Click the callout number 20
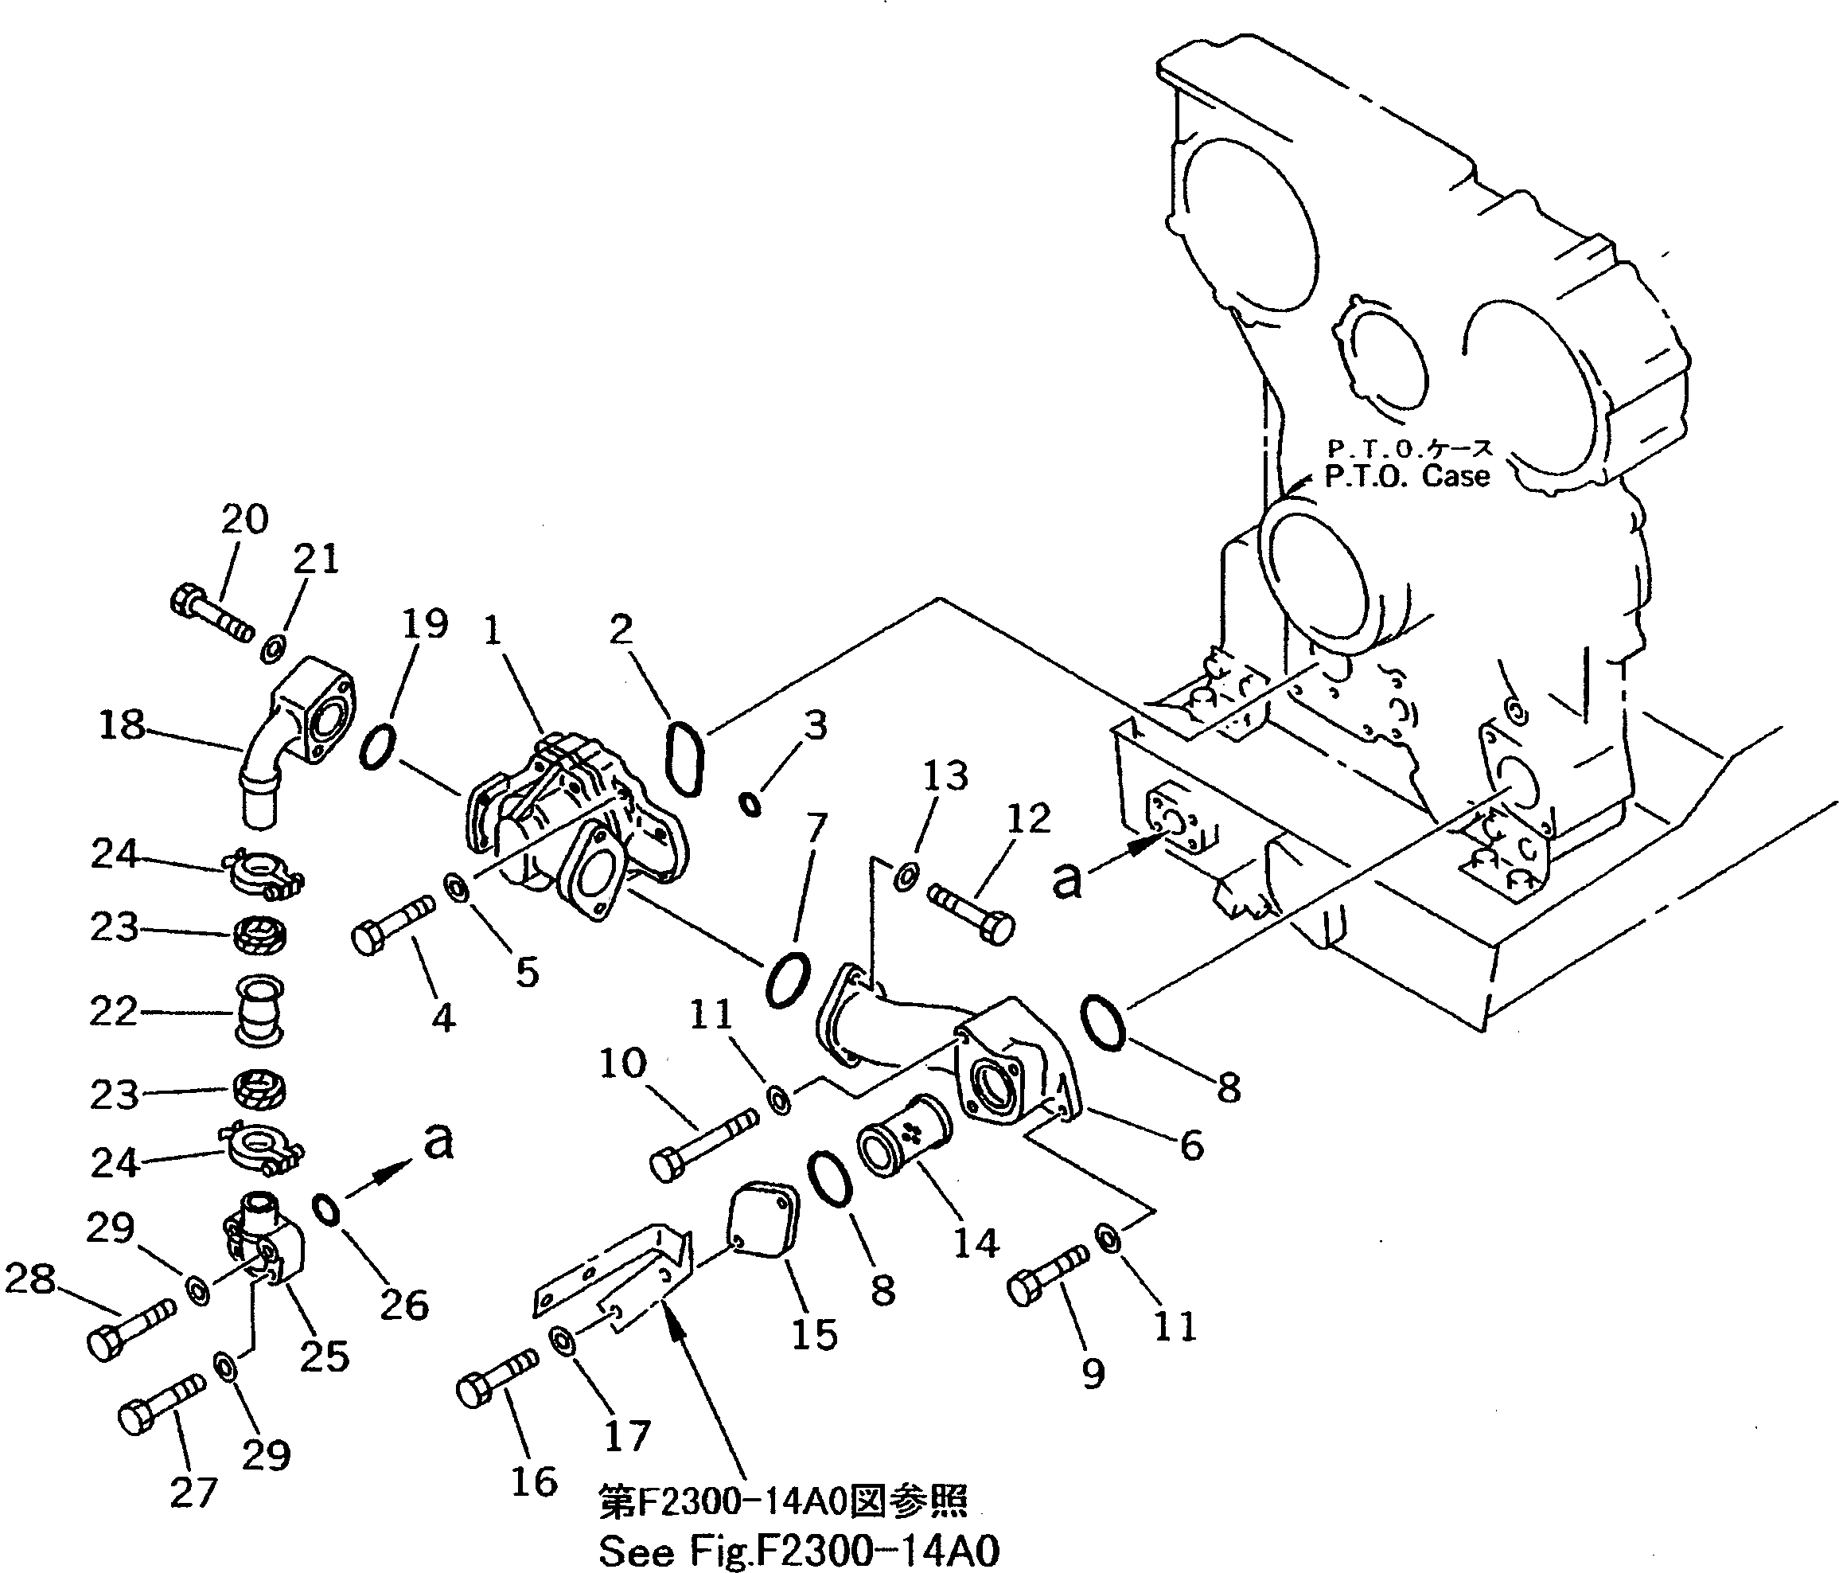244,518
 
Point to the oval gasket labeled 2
685,760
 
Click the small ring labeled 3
751,805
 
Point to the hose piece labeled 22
259,1012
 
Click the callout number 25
325,1356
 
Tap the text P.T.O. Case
1406,477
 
